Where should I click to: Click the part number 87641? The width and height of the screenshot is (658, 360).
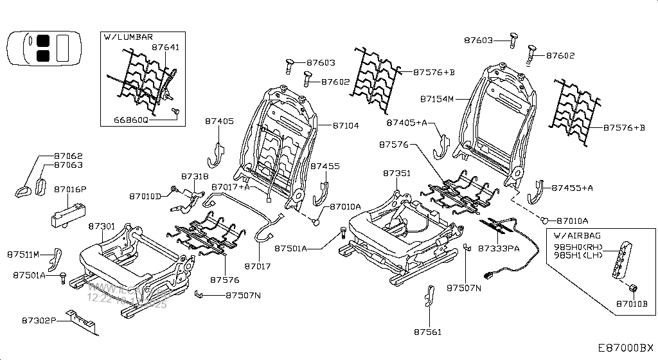pos(165,48)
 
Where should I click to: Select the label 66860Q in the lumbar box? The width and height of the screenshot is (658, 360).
pos(131,120)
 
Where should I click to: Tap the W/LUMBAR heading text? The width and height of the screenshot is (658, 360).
pos(128,37)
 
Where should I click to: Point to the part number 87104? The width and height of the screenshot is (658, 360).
pos(346,126)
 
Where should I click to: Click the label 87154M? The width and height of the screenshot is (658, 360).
pos(437,100)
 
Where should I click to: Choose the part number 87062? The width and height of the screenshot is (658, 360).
pos(68,156)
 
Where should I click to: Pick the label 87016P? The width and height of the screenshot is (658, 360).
pos(70,190)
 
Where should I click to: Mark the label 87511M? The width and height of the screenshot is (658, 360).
pos(24,253)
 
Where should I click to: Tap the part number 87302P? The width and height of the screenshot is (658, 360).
pos(39,320)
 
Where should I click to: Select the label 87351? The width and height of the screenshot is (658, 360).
pos(396,174)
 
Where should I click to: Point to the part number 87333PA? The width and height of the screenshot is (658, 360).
pos(499,248)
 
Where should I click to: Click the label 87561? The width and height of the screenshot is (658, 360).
pos(428,332)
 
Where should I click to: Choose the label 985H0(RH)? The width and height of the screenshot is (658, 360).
pos(578,247)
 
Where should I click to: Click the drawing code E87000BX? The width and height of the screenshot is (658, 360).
pos(626,348)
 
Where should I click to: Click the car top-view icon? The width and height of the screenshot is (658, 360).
pos(44,49)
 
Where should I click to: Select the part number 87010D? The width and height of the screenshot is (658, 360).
pos(145,196)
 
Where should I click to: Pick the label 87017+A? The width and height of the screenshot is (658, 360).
pos(231,187)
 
